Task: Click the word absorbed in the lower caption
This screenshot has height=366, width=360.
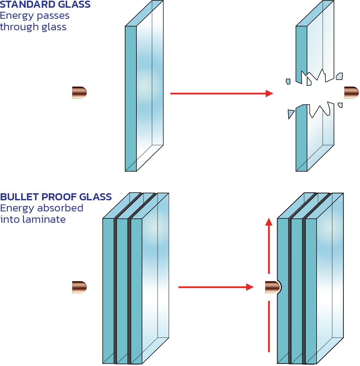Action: click(x=61, y=208)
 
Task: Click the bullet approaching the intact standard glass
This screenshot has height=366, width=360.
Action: click(x=79, y=92)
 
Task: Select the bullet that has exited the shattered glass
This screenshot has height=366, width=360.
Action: click(x=351, y=92)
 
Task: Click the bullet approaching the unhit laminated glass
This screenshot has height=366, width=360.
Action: click(x=79, y=287)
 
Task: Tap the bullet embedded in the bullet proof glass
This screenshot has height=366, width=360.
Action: click(x=272, y=287)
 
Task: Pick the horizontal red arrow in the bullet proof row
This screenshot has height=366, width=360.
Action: click(x=216, y=287)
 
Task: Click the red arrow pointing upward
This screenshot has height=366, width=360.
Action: click(x=269, y=245)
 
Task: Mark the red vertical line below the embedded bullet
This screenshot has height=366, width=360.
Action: click(x=269, y=326)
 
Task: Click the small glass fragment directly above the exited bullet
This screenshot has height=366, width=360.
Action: click(x=339, y=76)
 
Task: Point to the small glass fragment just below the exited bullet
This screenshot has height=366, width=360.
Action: click(x=340, y=105)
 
